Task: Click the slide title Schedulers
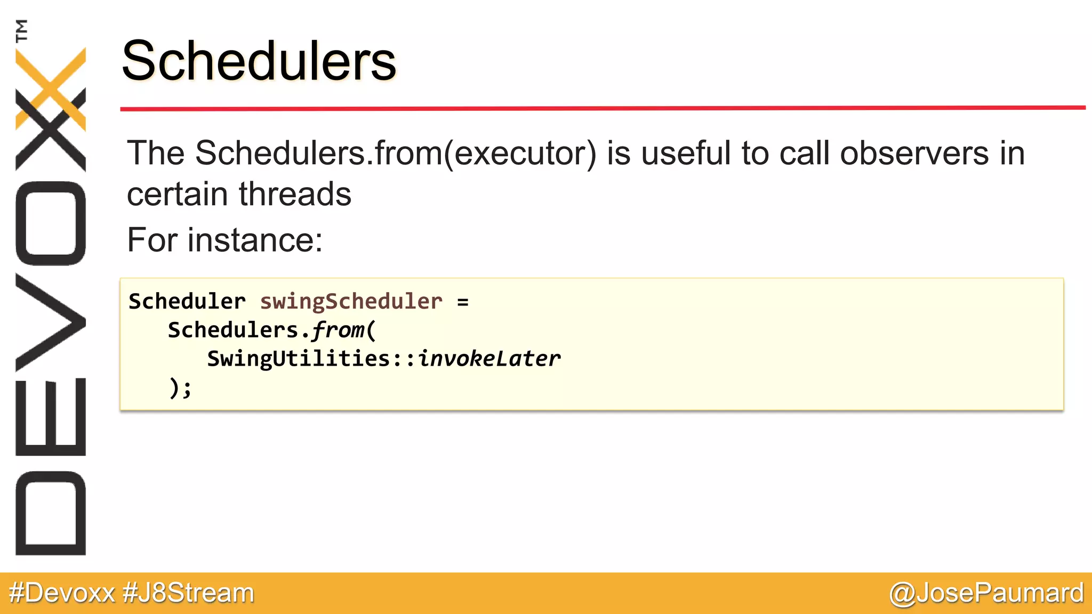click(259, 61)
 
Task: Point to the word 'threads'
click(295, 194)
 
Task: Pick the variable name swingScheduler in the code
click(351, 302)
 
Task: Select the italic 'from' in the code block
click(338, 330)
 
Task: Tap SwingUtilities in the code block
click(299, 359)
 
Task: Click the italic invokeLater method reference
click(489, 359)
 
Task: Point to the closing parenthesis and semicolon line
click(180, 387)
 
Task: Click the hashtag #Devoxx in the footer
click(62, 593)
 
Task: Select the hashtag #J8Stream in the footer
click(188, 593)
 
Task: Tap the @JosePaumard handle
click(986, 593)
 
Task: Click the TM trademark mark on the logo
click(21, 30)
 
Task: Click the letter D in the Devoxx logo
click(51, 513)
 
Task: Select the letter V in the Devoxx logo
click(51, 322)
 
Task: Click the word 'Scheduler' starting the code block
click(187, 302)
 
